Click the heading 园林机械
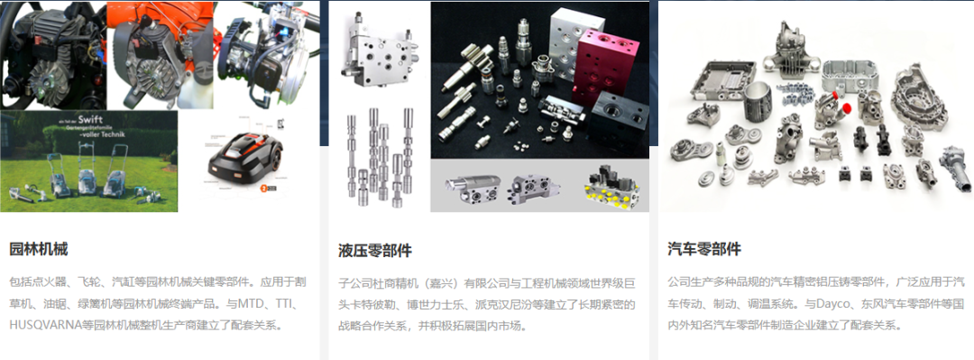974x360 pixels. [x=39, y=250]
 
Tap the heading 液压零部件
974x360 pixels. [x=374, y=251]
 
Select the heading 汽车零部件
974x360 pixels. [x=704, y=250]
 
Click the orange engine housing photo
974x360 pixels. [x=161, y=55]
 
